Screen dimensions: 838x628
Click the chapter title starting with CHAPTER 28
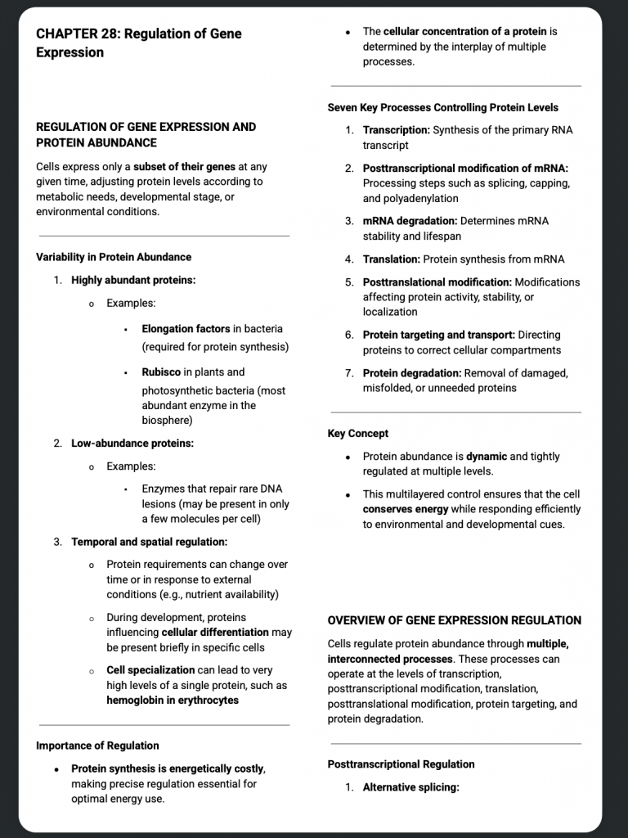click(138, 43)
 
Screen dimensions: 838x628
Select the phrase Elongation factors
click(186, 329)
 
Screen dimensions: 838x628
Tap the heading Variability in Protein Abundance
click(114, 257)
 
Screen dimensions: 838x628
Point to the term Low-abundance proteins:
click(132, 444)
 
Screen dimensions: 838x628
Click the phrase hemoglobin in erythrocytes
click(173, 701)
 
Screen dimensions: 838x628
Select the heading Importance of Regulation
click(97, 746)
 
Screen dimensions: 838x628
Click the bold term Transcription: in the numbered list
click(396, 130)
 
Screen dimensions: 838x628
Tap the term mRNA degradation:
click(410, 221)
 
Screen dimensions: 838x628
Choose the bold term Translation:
click(391, 259)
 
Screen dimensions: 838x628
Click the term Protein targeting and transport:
click(439, 335)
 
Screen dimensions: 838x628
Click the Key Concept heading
click(357, 434)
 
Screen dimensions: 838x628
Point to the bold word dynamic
click(487, 457)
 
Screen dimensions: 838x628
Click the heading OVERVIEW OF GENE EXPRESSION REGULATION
click(454, 620)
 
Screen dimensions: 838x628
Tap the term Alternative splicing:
click(410, 787)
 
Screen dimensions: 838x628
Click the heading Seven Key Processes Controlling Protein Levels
click(442, 107)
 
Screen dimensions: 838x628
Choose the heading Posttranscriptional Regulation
click(401, 764)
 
